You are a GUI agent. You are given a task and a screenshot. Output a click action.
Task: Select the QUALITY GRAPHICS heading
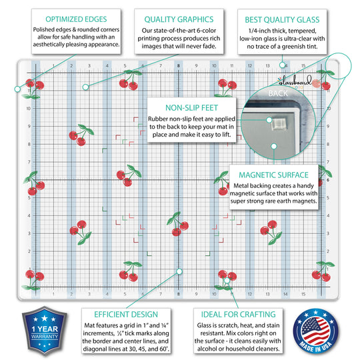tap(179, 19)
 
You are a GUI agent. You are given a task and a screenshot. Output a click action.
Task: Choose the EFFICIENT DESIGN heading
tap(121, 313)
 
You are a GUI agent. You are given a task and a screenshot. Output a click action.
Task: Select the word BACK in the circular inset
tap(277, 94)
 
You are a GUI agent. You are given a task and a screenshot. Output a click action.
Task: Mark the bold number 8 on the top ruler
tap(179, 66)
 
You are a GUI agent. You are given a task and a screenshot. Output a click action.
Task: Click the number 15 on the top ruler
tap(303, 66)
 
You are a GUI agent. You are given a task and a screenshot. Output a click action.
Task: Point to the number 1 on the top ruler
tap(53, 66)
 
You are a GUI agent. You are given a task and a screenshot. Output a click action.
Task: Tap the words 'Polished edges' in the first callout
tap(45, 31)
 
